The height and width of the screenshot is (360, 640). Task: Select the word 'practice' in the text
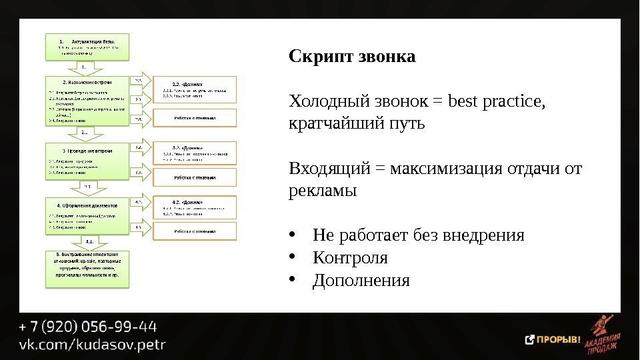pyautogui.click(x=509, y=103)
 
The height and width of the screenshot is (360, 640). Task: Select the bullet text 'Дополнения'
pyautogui.click(x=361, y=281)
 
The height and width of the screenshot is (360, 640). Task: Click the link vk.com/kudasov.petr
pyautogui.click(x=92, y=346)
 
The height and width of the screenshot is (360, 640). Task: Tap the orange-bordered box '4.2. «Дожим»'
pyautogui.click(x=195, y=207)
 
